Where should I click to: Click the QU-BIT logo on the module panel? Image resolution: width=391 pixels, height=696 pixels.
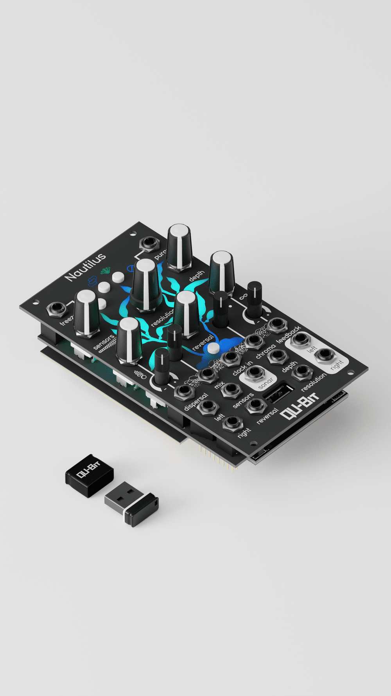coord(300,406)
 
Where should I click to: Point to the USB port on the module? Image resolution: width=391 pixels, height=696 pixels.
coord(279,393)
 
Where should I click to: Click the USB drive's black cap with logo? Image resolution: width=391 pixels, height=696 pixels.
coord(89,475)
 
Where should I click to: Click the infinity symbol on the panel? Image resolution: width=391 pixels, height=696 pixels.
coord(243,297)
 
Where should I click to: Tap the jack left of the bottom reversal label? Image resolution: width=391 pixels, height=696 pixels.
coord(255,406)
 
